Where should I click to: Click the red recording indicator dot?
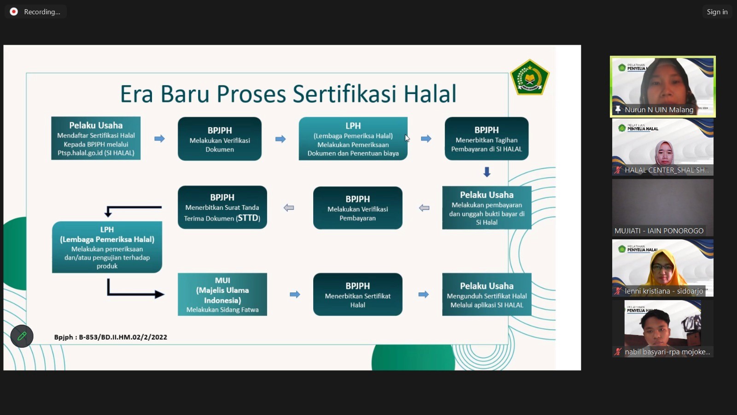click(x=14, y=12)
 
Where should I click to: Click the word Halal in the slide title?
click(x=430, y=94)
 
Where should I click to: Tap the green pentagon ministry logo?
click(x=530, y=77)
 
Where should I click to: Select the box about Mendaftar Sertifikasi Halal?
click(x=96, y=138)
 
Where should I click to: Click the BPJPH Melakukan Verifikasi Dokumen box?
click(x=220, y=139)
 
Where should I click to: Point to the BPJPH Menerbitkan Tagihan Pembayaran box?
click(x=486, y=139)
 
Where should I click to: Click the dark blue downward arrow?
click(x=487, y=172)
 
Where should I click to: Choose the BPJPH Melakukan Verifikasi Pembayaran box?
click(x=357, y=208)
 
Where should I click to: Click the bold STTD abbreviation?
click(x=248, y=218)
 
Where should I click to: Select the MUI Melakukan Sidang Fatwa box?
click(x=222, y=295)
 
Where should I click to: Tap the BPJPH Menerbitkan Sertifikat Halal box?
click(x=357, y=295)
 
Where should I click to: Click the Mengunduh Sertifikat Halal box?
click(x=486, y=295)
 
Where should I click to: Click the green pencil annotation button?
click(x=22, y=336)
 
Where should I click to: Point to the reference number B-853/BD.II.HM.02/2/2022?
click(x=123, y=337)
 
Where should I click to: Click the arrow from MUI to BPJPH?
click(x=295, y=295)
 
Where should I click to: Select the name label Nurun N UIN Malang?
click(x=659, y=110)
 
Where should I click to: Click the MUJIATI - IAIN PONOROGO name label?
click(x=659, y=231)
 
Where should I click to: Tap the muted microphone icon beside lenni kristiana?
click(x=618, y=291)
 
